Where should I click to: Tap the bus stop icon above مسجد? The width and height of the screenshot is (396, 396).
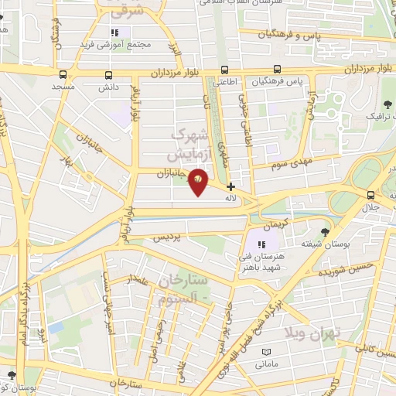coord(63,75)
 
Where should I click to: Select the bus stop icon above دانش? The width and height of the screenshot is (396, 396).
coord(108,75)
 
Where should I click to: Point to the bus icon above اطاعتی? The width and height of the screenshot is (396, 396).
coord(224,68)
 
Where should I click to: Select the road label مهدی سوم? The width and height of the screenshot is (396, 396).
coord(291,163)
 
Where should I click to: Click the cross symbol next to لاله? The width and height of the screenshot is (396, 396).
coord(230,186)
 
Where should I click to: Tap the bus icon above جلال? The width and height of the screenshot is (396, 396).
coord(372,194)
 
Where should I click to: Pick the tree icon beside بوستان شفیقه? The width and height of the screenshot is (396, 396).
coord(325,231)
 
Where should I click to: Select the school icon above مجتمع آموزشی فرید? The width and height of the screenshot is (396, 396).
coord(115,33)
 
